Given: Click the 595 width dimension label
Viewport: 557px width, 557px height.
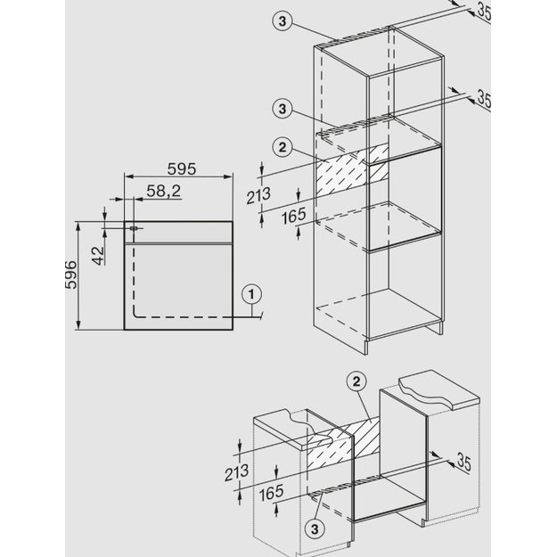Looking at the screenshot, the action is (x=182, y=169).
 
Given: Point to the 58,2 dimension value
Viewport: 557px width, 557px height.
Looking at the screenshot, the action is (x=163, y=192).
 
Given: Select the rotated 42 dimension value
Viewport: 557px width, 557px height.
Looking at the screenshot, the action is (x=98, y=256).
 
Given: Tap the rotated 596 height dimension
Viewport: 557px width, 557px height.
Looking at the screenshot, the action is (x=71, y=275).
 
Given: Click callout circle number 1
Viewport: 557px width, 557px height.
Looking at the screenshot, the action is (x=251, y=294).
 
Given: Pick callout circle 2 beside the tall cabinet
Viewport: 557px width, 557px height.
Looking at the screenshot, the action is (x=282, y=147).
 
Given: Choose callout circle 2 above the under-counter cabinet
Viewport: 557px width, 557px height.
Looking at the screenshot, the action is (x=356, y=381).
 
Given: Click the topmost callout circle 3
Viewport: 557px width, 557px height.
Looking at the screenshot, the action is (x=282, y=21).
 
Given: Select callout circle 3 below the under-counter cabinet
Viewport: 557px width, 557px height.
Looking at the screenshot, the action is (x=315, y=529).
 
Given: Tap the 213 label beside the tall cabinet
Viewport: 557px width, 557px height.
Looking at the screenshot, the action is (x=258, y=196).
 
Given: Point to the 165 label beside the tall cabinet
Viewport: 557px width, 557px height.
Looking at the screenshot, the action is (x=293, y=216).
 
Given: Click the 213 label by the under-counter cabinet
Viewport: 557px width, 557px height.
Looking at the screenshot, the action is (x=236, y=473).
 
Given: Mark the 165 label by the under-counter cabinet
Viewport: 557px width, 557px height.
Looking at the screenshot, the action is (x=272, y=493).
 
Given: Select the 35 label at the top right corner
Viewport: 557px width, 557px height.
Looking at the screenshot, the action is (x=484, y=12).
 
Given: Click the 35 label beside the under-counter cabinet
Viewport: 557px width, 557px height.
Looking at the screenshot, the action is (x=463, y=462).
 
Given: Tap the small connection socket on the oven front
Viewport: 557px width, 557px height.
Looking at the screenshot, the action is (x=134, y=228).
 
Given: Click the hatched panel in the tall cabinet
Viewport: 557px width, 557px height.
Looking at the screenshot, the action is (x=352, y=170).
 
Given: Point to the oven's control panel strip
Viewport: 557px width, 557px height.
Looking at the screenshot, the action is (x=178, y=233).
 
